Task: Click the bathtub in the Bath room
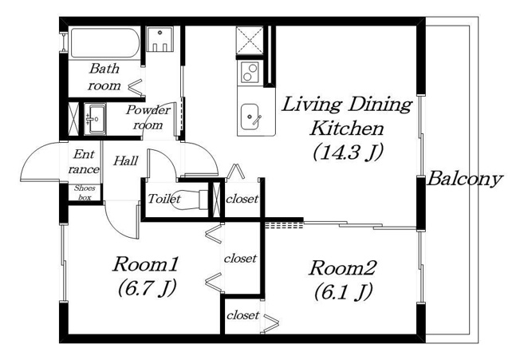coord(104,43)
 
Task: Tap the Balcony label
coord(465,180)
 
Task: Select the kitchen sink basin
coord(250,117)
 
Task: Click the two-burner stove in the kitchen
coord(250,73)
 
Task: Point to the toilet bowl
coord(189,200)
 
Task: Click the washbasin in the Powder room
coord(95,119)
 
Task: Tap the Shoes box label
coord(85,192)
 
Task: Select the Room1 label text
coord(146,264)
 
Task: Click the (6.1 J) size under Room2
coord(343,291)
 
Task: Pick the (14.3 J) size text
coord(349,152)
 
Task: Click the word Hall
coord(126,161)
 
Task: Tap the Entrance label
coord(84,161)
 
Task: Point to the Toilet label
coord(164,199)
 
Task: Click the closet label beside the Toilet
coord(242,199)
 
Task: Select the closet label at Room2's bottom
coord(242,315)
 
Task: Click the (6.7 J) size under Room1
coord(147,287)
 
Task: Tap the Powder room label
coord(148,117)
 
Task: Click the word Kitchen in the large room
coord(347,129)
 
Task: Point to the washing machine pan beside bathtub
coord(160,39)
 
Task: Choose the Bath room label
coord(104,77)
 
